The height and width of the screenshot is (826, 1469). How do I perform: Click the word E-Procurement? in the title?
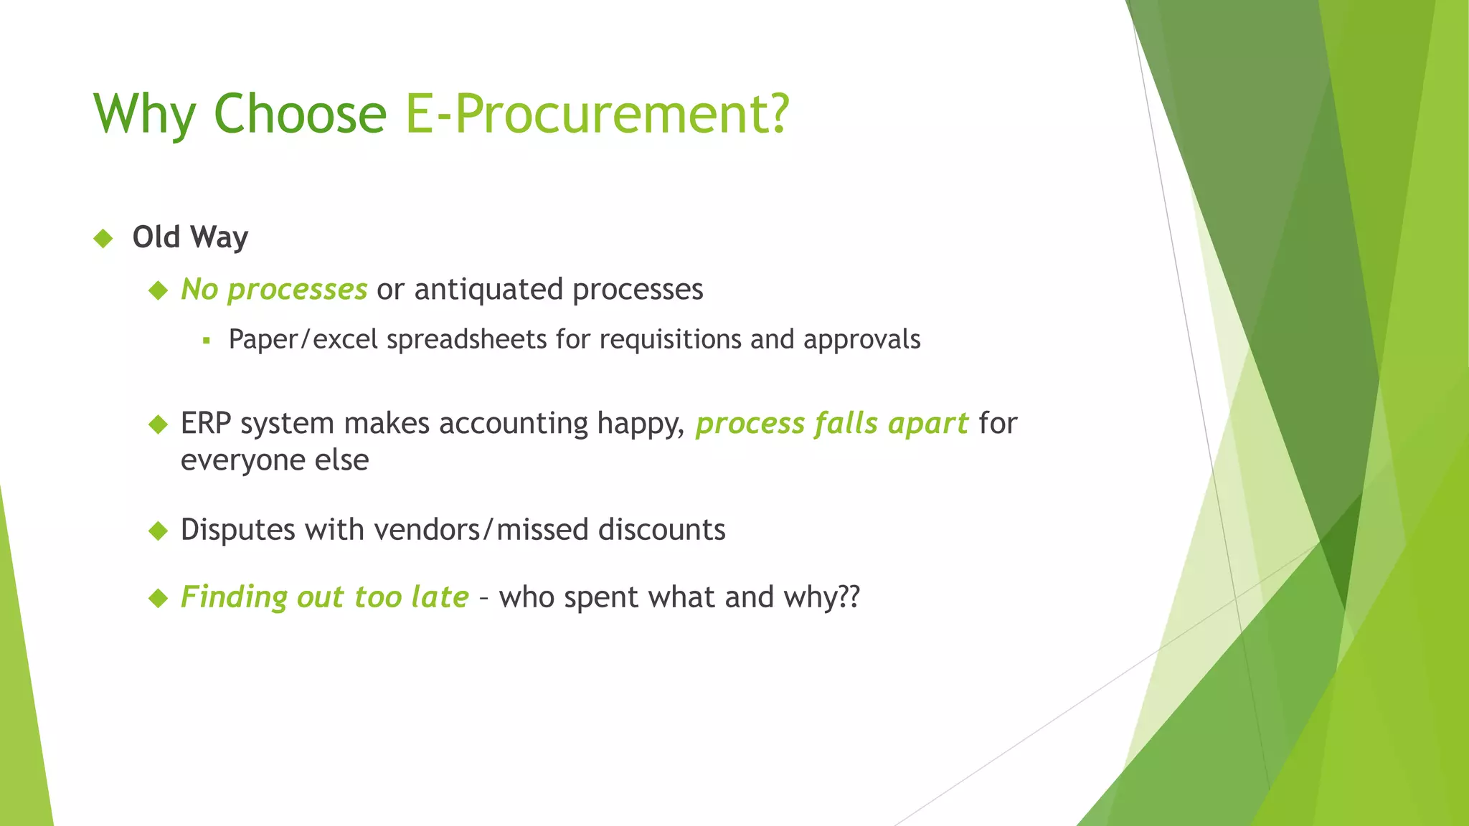pyautogui.click(x=597, y=114)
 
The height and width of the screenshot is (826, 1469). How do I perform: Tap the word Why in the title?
pyautogui.click(x=144, y=114)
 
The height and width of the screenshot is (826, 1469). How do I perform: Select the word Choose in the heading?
pyautogui.click(x=300, y=114)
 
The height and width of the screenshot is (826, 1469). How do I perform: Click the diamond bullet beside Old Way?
pyautogui.click(x=103, y=238)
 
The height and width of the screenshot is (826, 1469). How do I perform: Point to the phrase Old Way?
pyautogui.click(x=190, y=237)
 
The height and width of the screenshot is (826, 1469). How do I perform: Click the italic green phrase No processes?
pyautogui.click(x=274, y=290)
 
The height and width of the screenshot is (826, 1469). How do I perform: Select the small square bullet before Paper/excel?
pyautogui.click(x=207, y=341)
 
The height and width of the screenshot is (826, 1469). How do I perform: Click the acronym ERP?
pyautogui.click(x=206, y=423)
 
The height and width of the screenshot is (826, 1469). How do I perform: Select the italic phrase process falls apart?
pyautogui.click(x=832, y=424)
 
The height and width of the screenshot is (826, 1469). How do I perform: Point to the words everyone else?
pyautogui.click(x=275, y=460)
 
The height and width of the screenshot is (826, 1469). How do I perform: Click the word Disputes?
pyautogui.click(x=238, y=530)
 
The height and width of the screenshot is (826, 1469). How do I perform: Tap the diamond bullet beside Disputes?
pyautogui.click(x=158, y=531)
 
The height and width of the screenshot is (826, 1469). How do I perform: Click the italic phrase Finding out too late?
pyautogui.click(x=324, y=597)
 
